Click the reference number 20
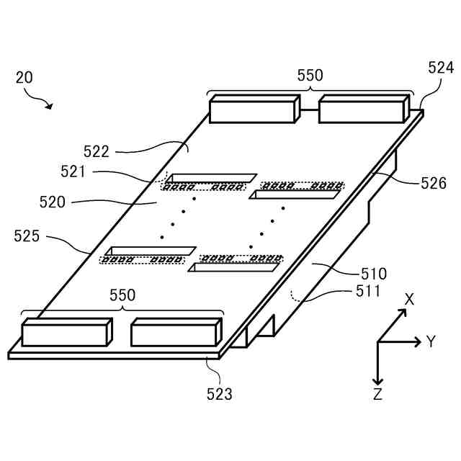click(24, 78)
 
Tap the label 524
click(441, 68)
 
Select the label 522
click(96, 151)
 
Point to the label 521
click(73, 171)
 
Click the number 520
click(53, 202)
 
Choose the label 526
click(434, 183)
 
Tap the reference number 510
click(373, 274)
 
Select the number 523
click(220, 394)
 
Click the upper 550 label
click(310, 75)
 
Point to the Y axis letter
click(431, 341)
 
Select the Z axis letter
click(377, 394)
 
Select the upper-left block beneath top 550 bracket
click(253, 109)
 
